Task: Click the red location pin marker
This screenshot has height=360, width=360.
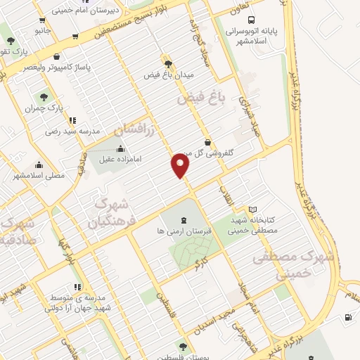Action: pyautogui.click(x=181, y=165)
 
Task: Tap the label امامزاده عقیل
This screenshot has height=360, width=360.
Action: pyautogui.click(x=121, y=160)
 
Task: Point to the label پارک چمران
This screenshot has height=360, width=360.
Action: pyautogui.click(x=44, y=109)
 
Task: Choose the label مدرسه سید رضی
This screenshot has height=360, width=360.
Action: pyautogui.click(x=73, y=131)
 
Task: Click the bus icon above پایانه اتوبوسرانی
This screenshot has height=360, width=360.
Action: pyautogui.click(x=252, y=20)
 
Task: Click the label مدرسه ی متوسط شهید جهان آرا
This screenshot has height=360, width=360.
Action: pyautogui.click(x=75, y=302)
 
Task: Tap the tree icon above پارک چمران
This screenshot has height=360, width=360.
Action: pyautogui.click(x=44, y=97)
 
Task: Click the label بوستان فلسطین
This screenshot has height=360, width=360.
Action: pyautogui.click(x=184, y=356)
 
